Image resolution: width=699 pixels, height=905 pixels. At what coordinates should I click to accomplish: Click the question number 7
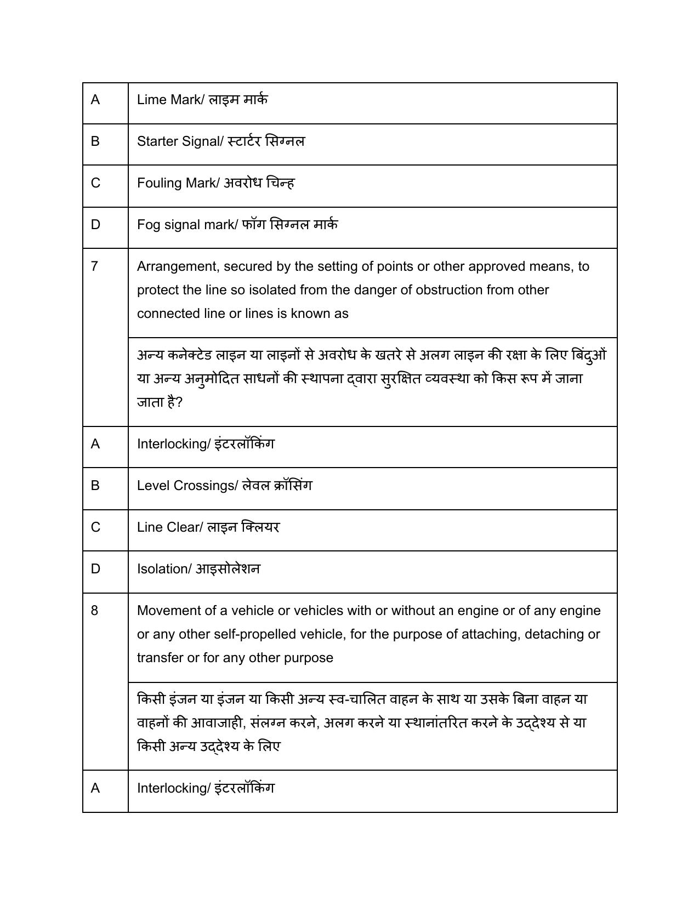tap(95, 266)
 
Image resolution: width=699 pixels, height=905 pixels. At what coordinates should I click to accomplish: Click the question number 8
tap(95, 611)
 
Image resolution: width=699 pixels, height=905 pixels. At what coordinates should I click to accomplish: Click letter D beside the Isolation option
tap(95, 569)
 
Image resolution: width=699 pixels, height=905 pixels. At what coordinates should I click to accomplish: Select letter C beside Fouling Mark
tap(95, 183)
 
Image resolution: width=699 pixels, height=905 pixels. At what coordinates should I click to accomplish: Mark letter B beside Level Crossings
tap(95, 486)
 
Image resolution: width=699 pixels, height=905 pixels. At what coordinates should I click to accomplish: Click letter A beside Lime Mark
tap(95, 100)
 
